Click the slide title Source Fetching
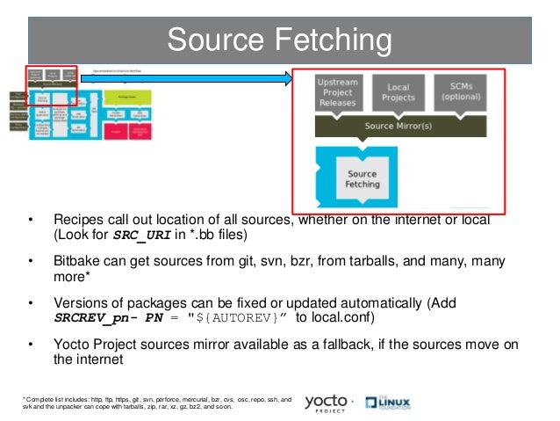pyautogui.click(x=279, y=40)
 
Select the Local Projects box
pyautogui.click(x=398, y=92)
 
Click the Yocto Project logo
pyautogui.click(x=327, y=403)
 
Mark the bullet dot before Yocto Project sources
pyautogui.click(x=30, y=343)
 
